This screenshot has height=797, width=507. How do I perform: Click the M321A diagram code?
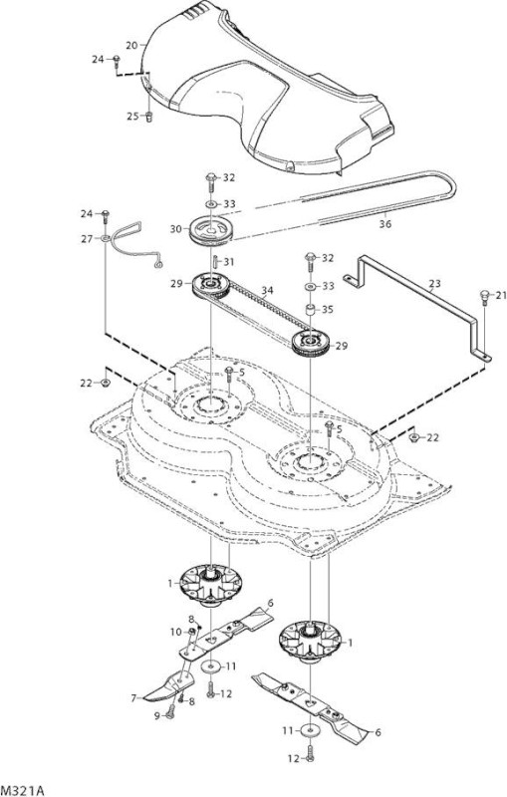tap(23, 790)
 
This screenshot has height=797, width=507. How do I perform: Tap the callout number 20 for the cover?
tap(131, 45)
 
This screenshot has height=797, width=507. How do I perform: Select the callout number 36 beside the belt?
tap(385, 223)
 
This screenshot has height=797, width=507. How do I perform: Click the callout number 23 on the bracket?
tap(435, 284)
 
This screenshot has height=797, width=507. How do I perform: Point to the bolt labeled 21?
tap(484, 297)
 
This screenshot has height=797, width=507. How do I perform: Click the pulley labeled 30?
tap(211, 230)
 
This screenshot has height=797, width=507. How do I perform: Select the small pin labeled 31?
tap(215, 262)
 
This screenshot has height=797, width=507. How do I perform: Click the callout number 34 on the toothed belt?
tap(267, 291)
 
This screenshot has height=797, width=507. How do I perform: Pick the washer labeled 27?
tap(106, 238)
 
